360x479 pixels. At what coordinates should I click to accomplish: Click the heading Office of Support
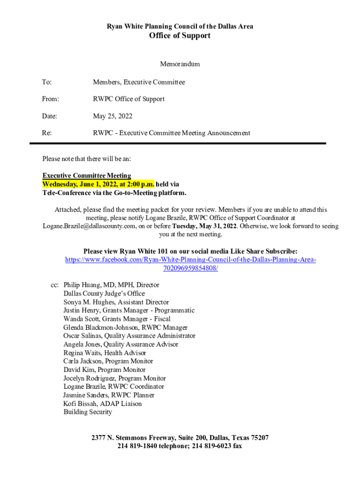tap(180, 36)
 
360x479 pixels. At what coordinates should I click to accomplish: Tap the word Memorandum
tap(180, 64)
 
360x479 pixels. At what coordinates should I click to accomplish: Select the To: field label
tap(47, 82)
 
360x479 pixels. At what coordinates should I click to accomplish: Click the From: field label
tap(50, 99)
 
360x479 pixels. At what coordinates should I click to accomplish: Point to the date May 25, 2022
tap(113, 116)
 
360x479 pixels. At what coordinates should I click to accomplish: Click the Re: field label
tap(47, 133)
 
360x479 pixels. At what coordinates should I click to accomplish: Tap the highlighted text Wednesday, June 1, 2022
tap(77, 184)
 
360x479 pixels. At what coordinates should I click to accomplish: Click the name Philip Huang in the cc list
tap(83, 285)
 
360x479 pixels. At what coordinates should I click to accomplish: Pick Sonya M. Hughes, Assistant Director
tap(116, 302)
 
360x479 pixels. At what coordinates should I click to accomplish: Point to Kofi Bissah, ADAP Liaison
tap(102, 404)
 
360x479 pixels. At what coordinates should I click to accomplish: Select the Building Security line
tap(88, 412)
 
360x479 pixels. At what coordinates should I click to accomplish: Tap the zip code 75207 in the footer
tap(259, 438)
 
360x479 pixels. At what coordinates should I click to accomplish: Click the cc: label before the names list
tap(54, 285)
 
